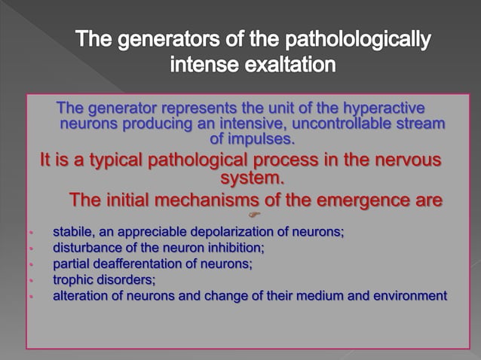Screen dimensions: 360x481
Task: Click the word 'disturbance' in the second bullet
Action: (x=84, y=248)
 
